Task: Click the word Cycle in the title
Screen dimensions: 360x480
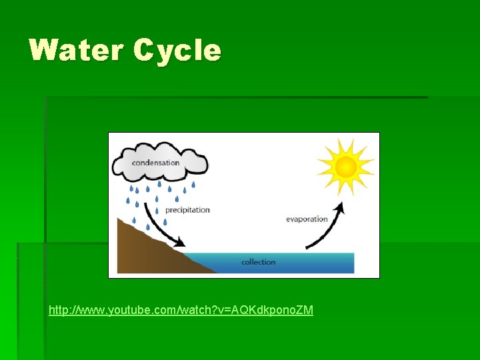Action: tap(177, 50)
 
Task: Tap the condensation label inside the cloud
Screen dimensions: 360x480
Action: tap(155, 162)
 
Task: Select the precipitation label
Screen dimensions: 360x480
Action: tap(187, 210)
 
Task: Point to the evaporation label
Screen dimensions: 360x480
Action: tap(307, 219)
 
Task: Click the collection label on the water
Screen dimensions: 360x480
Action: tap(259, 262)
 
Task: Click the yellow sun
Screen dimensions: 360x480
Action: tap(345, 167)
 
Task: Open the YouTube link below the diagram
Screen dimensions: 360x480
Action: tap(181, 311)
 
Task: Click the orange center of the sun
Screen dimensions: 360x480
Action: tap(345, 167)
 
